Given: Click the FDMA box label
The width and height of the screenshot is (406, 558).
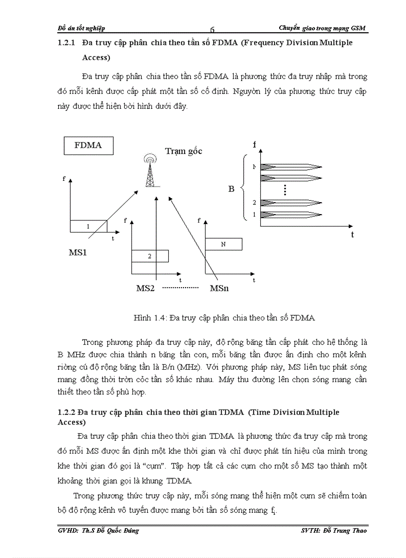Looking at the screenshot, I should pos(88,145).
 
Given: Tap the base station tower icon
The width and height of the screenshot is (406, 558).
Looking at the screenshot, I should pos(149,171).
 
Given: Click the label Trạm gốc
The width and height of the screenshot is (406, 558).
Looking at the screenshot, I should pos(184,151).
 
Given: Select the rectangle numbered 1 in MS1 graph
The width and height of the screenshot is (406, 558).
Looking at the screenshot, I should pos(89,226).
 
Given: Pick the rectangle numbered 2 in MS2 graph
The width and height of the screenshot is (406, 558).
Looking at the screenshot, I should pos(149,256).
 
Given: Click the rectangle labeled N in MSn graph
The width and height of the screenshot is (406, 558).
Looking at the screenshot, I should pos(223,244).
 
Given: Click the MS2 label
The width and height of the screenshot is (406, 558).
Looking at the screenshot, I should pos(147,288).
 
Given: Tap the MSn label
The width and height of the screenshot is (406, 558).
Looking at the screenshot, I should pos(219,288).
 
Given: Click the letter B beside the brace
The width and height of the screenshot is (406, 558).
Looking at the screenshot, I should pos(231,189).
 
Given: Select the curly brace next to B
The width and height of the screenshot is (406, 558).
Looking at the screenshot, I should pos(242,187).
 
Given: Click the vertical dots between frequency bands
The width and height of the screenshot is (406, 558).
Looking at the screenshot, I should pos(285,189).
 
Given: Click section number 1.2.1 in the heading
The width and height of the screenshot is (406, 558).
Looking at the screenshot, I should pos(67,43).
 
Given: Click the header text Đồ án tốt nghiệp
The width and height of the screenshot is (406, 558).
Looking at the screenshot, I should pos(81,28).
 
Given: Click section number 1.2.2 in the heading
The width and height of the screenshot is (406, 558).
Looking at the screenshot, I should pos(67,412).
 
